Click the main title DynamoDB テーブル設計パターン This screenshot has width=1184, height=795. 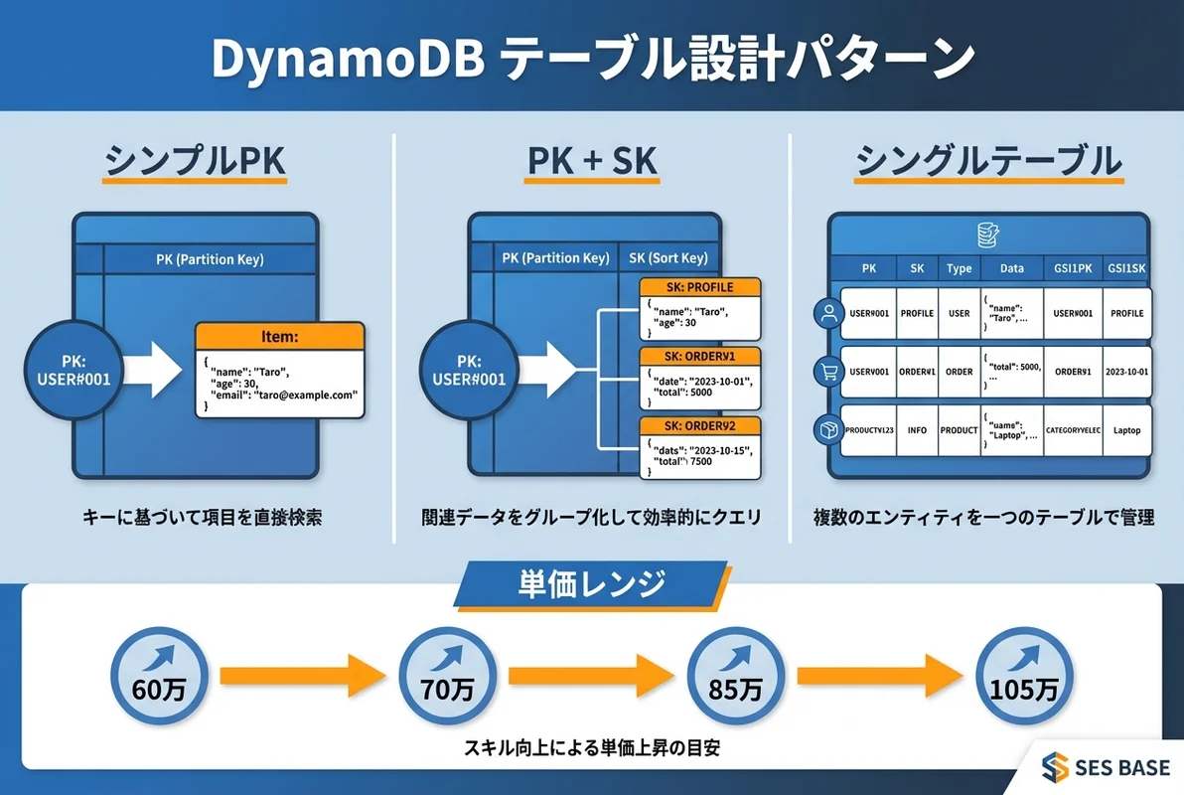click(592, 59)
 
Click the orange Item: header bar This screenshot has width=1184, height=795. click(278, 338)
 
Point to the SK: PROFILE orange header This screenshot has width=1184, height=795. click(699, 287)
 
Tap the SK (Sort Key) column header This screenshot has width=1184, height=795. click(668, 257)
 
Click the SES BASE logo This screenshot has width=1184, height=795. click(1104, 766)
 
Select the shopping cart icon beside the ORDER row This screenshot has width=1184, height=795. click(826, 372)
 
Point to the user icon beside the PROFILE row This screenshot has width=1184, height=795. click(826, 314)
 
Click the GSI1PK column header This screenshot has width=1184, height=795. click(1072, 268)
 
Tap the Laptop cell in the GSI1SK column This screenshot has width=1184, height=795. click(1126, 429)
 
